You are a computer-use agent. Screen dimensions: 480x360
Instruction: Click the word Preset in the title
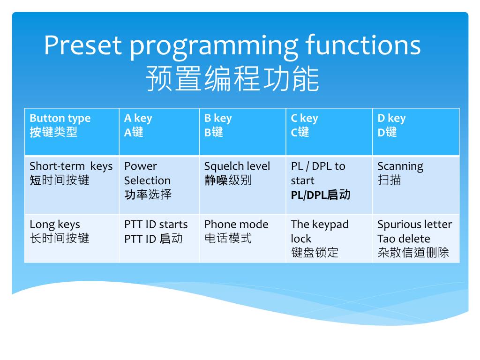(x=82, y=45)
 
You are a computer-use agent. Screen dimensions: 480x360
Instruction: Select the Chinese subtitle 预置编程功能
(x=232, y=78)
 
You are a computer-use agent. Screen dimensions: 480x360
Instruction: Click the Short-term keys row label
(x=71, y=173)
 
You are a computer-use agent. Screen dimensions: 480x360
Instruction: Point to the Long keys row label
(x=60, y=232)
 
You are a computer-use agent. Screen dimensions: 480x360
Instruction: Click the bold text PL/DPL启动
(x=321, y=195)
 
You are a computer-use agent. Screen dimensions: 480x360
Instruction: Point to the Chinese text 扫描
(x=389, y=180)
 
